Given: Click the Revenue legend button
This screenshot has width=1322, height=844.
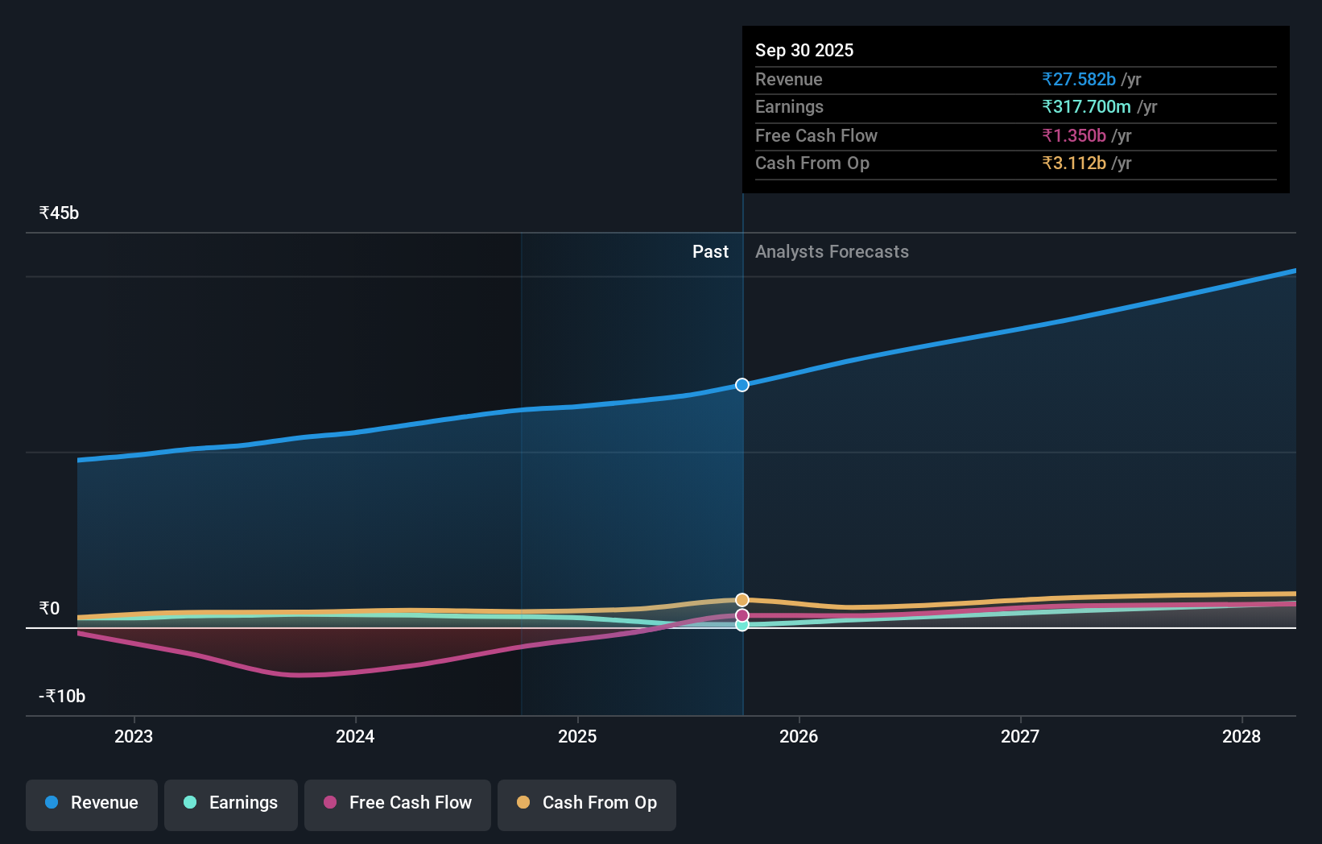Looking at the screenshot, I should point(92,803).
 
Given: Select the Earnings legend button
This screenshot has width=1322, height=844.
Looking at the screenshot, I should point(231,803).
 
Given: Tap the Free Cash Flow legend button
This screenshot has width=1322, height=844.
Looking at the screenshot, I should point(398,803).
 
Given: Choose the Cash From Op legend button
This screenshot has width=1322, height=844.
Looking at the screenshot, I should point(587,803).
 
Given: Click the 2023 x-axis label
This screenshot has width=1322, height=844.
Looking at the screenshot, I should point(134,736).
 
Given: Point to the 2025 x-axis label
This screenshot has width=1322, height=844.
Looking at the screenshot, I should point(577,736).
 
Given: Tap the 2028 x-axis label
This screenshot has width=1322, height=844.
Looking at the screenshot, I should point(1241,736).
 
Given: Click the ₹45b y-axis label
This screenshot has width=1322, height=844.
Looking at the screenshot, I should point(59,213).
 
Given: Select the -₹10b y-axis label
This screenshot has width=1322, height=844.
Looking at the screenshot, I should point(62,696).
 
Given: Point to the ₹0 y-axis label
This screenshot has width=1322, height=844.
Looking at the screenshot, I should point(49,608).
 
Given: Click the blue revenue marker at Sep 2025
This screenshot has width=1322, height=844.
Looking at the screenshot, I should point(742,385).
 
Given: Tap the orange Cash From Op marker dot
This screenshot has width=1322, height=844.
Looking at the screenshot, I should point(742,600).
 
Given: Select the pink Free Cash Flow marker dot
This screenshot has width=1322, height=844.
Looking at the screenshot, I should point(742,615).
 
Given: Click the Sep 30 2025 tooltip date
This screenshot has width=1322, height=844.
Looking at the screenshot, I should point(804,50).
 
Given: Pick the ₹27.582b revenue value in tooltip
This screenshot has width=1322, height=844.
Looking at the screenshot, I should point(1079,79).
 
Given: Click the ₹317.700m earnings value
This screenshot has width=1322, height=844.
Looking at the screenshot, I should point(1086,106).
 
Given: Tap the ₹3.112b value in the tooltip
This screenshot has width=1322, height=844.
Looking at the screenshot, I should point(1074,163).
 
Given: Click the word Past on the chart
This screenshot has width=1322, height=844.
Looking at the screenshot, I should point(710,251).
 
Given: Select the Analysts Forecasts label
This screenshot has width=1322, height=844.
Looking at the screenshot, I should point(832,251).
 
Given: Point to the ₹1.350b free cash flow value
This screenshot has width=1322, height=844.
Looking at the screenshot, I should point(1074,135).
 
